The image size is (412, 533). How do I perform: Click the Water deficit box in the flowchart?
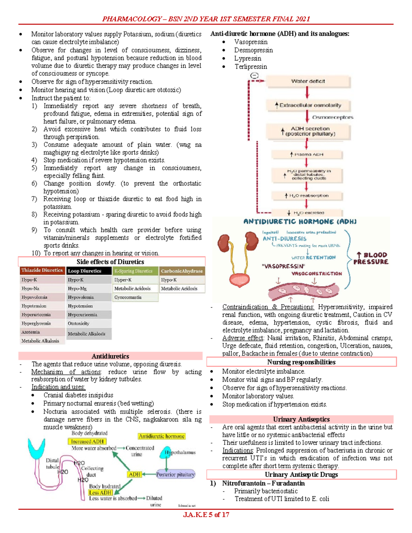[x=308, y=81]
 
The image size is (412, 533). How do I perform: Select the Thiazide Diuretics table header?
[x=42, y=270]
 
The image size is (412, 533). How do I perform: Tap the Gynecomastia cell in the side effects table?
[x=128, y=297]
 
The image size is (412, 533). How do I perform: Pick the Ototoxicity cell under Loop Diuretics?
[x=79, y=323]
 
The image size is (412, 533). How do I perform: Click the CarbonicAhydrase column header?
[x=182, y=271]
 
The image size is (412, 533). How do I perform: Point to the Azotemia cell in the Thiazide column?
[x=31, y=332]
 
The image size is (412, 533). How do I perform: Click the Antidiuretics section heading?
[x=110, y=356]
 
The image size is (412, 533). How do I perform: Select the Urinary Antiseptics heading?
[x=301, y=419]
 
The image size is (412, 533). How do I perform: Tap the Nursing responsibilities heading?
[x=301, y=362]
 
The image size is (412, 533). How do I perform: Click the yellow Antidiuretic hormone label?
[x=162, y=436]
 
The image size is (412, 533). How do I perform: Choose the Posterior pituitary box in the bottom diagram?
[x=175, y=475]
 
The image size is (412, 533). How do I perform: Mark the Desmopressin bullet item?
[x=253, y=50]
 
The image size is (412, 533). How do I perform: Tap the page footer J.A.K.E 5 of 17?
[x=206, y=514]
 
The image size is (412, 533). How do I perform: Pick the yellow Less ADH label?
[x=100, y=493]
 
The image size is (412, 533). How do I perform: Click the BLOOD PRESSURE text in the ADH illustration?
[x=371, y=258]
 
